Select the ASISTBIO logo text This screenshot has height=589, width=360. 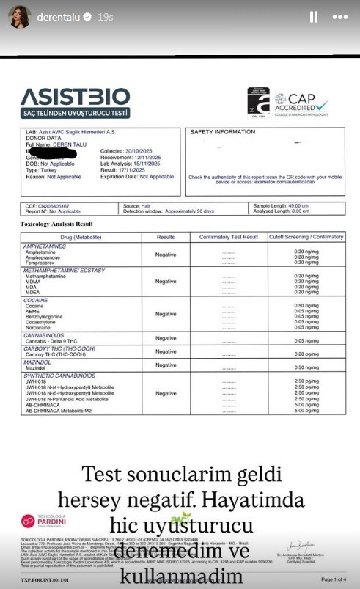pos(76,97)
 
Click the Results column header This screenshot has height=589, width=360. pos(166,237)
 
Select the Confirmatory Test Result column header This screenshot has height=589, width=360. pos(229,237)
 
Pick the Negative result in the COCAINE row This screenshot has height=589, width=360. pos(166,314)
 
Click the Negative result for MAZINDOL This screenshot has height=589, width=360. pos(166,365)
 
